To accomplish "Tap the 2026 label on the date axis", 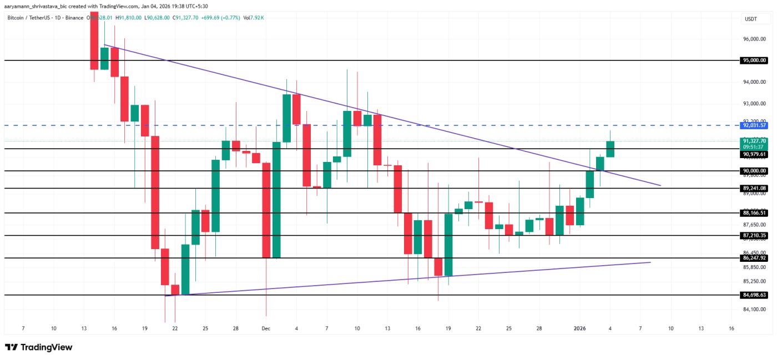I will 580,328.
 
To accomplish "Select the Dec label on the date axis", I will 266,328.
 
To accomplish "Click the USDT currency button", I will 750,19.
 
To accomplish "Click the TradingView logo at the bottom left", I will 39,347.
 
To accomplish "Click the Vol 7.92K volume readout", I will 254,18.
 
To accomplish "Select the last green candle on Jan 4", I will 610,149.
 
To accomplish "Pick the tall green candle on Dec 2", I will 276,200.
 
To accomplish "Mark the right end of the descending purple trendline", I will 660,185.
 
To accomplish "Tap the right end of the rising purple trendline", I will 650,262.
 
